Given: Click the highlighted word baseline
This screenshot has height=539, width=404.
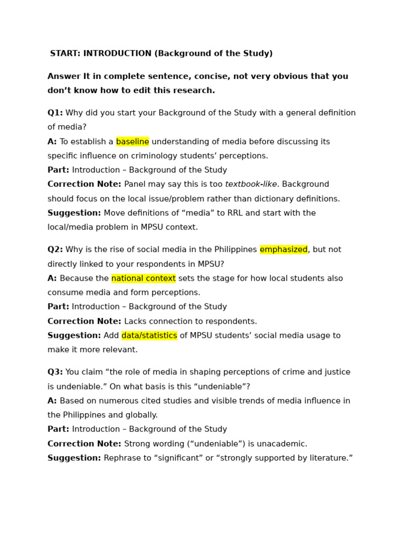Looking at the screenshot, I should click(133, 142).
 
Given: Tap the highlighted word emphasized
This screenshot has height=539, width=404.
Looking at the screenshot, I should click(284, 249).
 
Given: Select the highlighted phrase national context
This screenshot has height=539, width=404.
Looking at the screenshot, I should click(143, 278).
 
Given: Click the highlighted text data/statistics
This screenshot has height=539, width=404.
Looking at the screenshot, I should click(149, 336).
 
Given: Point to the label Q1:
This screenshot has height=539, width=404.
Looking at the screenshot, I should click(55, 113).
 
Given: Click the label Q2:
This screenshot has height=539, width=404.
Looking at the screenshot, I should click(55, 249).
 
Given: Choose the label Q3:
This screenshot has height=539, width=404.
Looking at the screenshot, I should click(55, 372).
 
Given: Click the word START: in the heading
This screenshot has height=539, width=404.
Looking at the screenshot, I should click(65, 54).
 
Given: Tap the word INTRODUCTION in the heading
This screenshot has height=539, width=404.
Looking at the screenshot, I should click(117, 54).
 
